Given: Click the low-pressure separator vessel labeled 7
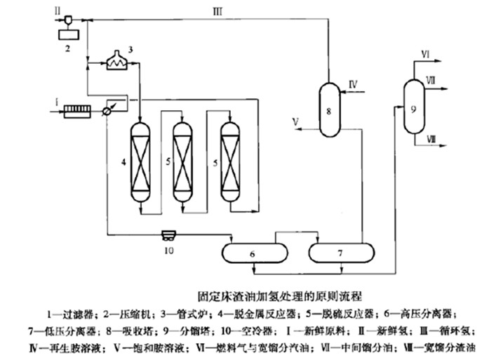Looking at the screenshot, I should coord(340,251).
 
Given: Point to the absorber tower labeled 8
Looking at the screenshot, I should coord(328,109).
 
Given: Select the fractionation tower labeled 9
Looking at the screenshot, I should coord(413,109).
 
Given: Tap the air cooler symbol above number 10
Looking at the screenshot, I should coord(169,234).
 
